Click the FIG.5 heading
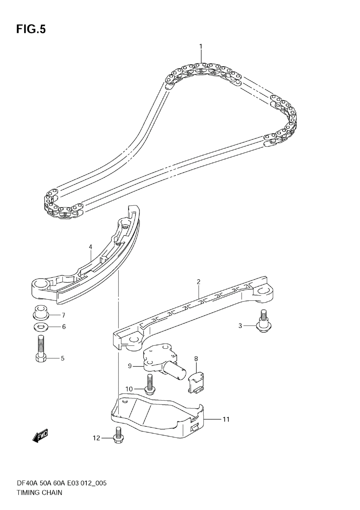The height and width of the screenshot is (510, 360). point(31,30)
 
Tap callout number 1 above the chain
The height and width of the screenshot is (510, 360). point(201,47)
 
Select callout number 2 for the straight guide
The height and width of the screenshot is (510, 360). point(198,282)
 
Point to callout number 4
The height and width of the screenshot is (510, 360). point(91,247)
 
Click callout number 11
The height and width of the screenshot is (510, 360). point(226,419)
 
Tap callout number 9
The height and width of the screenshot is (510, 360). point(130,366)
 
